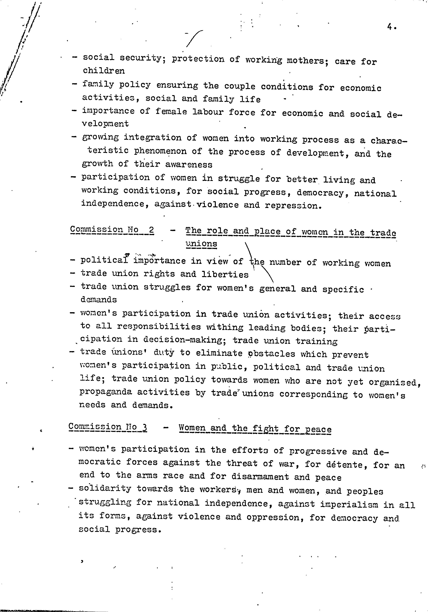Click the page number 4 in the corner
[390, 27]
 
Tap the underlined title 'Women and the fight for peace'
[255, 429]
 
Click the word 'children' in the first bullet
[104, 71]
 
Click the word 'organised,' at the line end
[394, 383]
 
